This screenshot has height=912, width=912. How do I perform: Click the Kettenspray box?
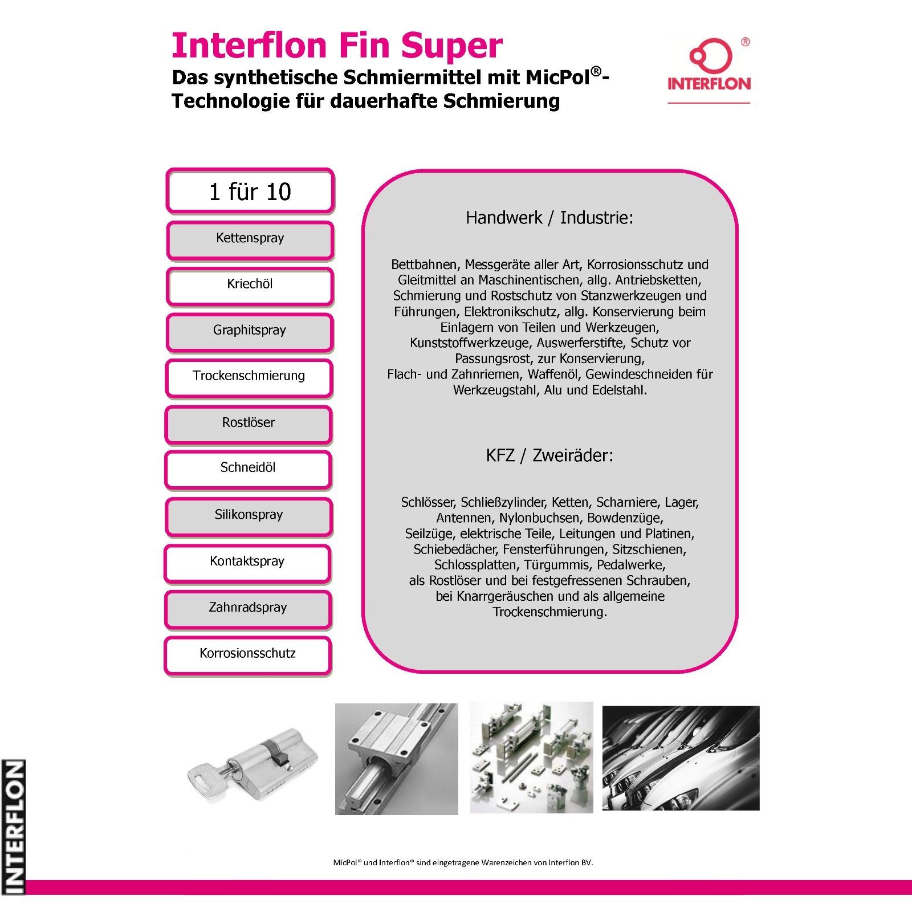pos(250,240)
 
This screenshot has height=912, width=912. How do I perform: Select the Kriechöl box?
pos(250,286)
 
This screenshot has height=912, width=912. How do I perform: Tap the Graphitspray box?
pos(250,332)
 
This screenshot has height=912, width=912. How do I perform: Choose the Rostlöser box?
pos(249,425)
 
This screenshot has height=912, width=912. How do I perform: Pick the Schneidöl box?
pos(248,470)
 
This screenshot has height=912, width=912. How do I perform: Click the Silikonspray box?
pos(249,517)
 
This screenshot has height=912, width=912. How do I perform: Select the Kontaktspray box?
pos(247,564)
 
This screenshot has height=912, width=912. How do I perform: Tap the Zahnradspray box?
pos(248,610)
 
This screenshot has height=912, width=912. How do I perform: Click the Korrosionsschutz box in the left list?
pos(247,656)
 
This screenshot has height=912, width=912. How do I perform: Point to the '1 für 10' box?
pos(250,191)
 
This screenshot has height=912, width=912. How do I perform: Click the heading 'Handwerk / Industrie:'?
pos(549,218)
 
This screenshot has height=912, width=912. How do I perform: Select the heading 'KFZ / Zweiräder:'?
pos(549,455)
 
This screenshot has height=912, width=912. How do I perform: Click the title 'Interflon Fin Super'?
pos(337,45)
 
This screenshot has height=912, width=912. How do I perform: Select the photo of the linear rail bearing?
pos(397,759)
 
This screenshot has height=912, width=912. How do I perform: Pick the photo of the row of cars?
pos(681,758)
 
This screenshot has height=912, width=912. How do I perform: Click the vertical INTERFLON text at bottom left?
pos(13,826)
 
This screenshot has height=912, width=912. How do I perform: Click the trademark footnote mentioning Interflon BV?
pos(463,862)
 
